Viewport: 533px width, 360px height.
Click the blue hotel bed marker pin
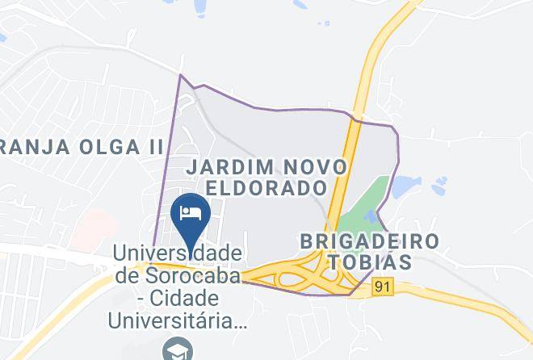click(x=192, y=214)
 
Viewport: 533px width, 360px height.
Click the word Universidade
click(x=178, y=253)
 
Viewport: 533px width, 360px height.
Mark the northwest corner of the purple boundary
click(x=181, y=76)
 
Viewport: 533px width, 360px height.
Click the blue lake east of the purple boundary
click(x=401, y=187)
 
